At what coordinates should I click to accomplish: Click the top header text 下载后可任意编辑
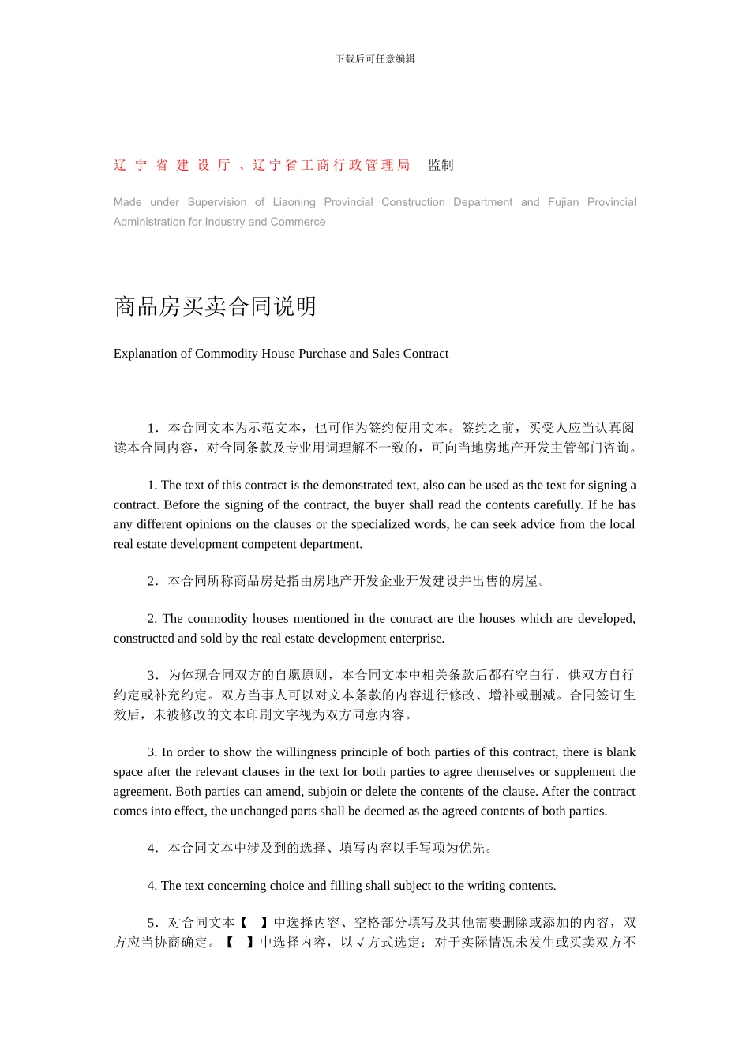click(x=375, y=59)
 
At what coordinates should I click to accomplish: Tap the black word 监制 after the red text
click(x=441, y=165)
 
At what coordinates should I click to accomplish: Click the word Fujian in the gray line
click(x=563, y=202)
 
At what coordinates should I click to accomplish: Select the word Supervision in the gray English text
click(x=217, y=202)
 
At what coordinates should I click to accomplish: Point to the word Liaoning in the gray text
click(x=294, y=202)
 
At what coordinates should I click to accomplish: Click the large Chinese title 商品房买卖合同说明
click(x=216, y=306)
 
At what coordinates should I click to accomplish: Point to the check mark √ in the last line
click(x=361, y=943)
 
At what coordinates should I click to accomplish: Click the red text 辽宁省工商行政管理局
click(x=332, y=165)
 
